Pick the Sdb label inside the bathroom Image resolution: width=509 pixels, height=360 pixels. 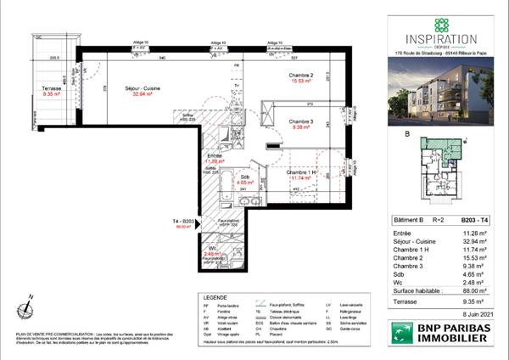pyautogui.click(x=243, y=176)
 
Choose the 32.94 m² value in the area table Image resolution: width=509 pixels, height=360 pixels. pyautogui.click(x=475, y=241)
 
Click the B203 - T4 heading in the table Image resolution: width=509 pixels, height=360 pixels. pyautogui.click(x=473, y=219)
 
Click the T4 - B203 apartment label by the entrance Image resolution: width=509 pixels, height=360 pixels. pyautogui.click(x=184, y=222)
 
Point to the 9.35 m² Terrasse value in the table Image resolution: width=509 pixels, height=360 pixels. pyautogui.click(x=475, y=300)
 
